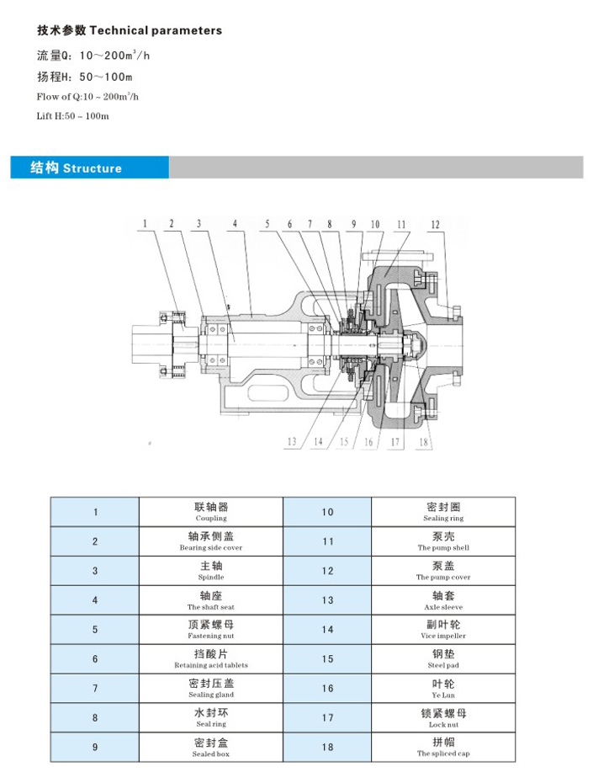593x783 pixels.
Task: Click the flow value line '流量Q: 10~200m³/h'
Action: tap(93, 56)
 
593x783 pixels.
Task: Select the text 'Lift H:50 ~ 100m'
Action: tap(73, 115)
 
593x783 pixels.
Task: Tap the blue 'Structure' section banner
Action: tap(89, 168)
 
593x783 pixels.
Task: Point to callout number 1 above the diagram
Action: tap(145, 224)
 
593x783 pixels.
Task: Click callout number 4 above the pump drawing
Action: tap(236, 224)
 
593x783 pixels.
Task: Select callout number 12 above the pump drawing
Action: tap(435, 224)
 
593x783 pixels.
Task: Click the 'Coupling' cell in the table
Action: tap(210, 512)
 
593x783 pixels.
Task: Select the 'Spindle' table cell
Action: tap(210, 571)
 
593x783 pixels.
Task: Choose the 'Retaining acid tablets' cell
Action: tap(210, 658)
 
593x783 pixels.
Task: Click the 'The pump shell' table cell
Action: tap(443, 541)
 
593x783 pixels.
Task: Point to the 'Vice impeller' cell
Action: tap(443, 629)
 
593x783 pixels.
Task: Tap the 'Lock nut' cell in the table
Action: tap(443, 717)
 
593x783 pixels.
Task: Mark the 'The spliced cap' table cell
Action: tap(443, 747)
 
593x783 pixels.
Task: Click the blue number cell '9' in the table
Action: tap(95, 747)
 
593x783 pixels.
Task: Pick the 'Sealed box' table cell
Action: tap(210, 747)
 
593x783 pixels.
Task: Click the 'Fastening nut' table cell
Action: tap(210, 629)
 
